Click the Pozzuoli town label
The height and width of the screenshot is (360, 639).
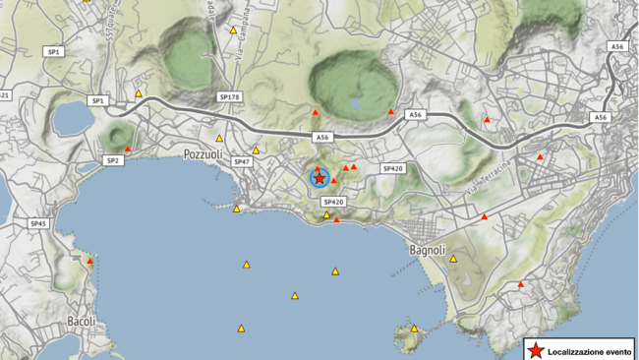pos(203,154)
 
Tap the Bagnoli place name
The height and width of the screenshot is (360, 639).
pos(428,250)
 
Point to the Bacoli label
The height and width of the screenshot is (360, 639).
pos(81,322)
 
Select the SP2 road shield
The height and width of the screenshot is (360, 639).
pos(112,159)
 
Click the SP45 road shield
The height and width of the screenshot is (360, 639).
pos(38,224)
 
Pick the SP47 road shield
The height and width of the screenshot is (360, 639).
pos(242,161)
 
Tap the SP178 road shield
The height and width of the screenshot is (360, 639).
pos(228,97)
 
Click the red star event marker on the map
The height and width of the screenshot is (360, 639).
pos(319,177)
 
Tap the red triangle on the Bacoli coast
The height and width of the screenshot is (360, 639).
pos(89,261)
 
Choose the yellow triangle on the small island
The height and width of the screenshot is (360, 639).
pos(414,329)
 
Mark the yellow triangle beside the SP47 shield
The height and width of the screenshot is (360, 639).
pos(256,150)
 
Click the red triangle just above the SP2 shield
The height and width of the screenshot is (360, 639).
pos(128,149)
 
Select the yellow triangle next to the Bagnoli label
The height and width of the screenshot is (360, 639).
pos(453,259)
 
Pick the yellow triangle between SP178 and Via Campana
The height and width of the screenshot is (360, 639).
pos(219,138)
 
